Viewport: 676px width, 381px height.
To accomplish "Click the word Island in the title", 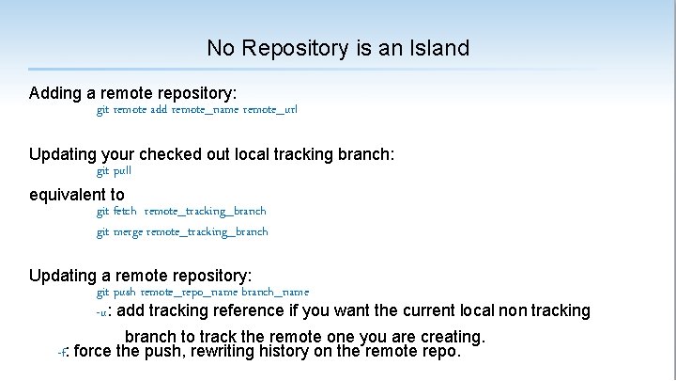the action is (438, 47).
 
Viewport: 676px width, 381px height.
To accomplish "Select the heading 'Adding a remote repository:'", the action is (133, 94).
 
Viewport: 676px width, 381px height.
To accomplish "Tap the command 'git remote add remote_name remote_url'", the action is (197, 110).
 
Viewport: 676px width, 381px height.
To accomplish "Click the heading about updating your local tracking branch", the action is (211, 154).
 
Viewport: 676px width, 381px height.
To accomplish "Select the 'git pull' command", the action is (115, 171).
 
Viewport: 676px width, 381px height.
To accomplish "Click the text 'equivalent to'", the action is (77, 195).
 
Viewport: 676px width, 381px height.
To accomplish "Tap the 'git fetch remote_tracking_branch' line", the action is (181, 212).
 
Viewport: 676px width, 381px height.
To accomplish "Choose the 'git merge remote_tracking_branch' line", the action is (182, 231).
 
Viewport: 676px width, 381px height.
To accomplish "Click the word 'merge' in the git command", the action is (129, 231).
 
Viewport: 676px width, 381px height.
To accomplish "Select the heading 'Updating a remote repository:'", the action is (141, 276).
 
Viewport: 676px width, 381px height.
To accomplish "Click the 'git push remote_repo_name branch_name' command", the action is (203, 293).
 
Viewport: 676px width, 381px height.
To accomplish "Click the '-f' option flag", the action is (63, 353).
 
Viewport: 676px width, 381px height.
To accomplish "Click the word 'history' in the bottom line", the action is (284, 352).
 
